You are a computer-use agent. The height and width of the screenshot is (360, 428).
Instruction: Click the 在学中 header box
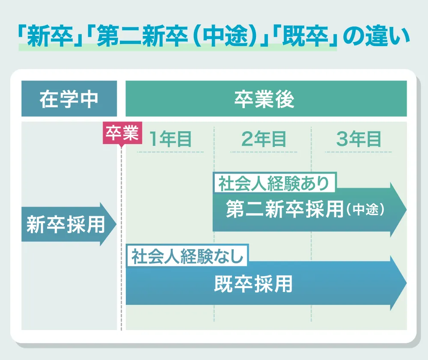(69, 98)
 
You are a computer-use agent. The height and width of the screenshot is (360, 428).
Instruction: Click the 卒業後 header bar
(266, 98)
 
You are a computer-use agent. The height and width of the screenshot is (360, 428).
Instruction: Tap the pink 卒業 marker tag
(122, 133)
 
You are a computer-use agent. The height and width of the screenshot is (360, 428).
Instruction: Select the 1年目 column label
(170, 139)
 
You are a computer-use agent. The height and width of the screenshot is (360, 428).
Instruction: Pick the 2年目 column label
(264, 139)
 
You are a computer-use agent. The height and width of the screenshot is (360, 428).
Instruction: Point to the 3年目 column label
(358, 139)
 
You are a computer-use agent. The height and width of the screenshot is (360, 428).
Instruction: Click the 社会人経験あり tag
(274, 183)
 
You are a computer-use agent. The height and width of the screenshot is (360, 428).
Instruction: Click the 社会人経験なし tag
(187, 256)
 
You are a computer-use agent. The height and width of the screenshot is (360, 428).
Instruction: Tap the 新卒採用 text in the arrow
(65, 224)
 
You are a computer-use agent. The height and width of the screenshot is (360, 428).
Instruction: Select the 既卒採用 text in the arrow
(253, 284)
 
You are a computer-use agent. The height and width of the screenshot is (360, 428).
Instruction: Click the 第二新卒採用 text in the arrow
(285, 209)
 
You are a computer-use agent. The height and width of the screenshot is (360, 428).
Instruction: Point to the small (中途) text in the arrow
(365, 210)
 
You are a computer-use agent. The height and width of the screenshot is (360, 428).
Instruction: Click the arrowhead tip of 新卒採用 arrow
(116, 224)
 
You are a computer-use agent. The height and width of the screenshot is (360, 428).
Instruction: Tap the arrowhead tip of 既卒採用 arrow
(407, 283)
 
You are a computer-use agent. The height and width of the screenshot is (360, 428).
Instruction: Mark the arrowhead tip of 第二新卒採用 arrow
(407, 210)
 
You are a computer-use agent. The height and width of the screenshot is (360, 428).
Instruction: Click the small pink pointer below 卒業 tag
(122, 146)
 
